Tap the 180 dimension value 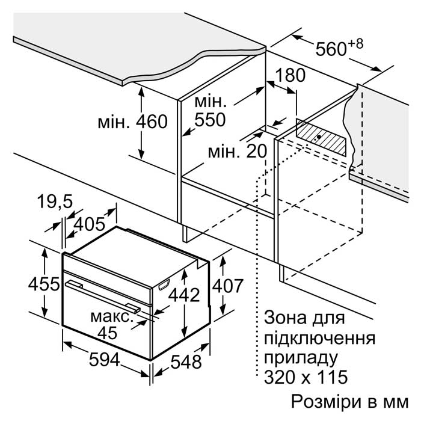290,75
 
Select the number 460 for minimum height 152,121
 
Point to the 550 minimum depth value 210,120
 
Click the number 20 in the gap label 256,151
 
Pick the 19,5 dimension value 55,201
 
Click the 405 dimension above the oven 89,224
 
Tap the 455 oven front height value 44,284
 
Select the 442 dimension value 184,295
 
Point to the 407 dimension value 228,286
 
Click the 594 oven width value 104,360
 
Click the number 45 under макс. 108,333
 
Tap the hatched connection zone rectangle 321,138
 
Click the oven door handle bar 103,297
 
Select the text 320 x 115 306,376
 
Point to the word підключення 319,339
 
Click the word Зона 285,318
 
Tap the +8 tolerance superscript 356,44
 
